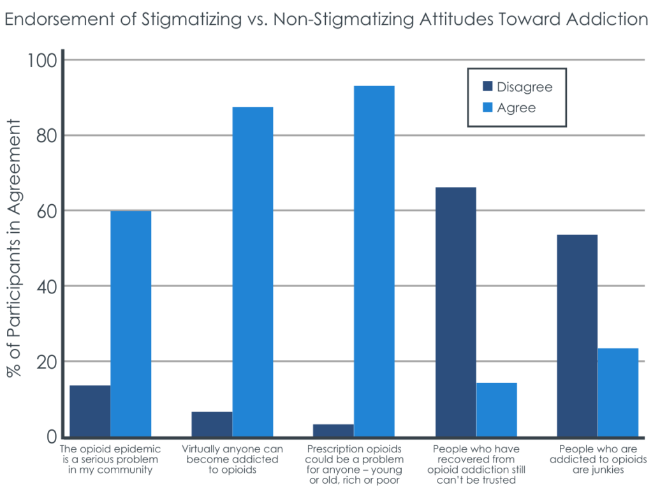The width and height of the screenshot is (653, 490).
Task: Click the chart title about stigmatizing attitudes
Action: pos(326,20)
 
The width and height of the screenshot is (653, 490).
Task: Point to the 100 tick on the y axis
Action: pos(42,61)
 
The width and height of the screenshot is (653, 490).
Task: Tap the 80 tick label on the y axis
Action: pos(44,136)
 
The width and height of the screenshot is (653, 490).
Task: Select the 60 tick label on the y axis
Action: pos(44,211)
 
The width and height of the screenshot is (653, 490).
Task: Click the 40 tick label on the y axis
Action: pos(44,286)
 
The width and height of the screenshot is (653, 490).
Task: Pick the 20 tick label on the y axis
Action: pos(44,362)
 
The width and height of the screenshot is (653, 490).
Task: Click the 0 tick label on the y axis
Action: pos(50,437)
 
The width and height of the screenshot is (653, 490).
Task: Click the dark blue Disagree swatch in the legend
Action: pos(487,87)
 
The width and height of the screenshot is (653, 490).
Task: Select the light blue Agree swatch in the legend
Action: pos(487,108)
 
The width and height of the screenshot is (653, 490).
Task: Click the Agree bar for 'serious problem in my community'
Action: pos(131,323)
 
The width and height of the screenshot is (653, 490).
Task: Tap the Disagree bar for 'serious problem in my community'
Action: pos(90,411)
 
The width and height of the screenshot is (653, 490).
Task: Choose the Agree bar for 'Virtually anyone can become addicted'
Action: pos(253,272)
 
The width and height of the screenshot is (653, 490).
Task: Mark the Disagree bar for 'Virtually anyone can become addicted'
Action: pos(212,424)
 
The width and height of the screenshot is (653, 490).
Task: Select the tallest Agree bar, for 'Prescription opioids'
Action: pos(374,261)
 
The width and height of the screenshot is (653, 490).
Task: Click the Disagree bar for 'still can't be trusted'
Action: pos(455,312)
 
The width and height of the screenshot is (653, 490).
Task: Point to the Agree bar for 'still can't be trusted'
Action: pos(496,410)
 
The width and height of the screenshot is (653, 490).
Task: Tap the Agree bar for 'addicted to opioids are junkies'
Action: pos(618,392)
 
